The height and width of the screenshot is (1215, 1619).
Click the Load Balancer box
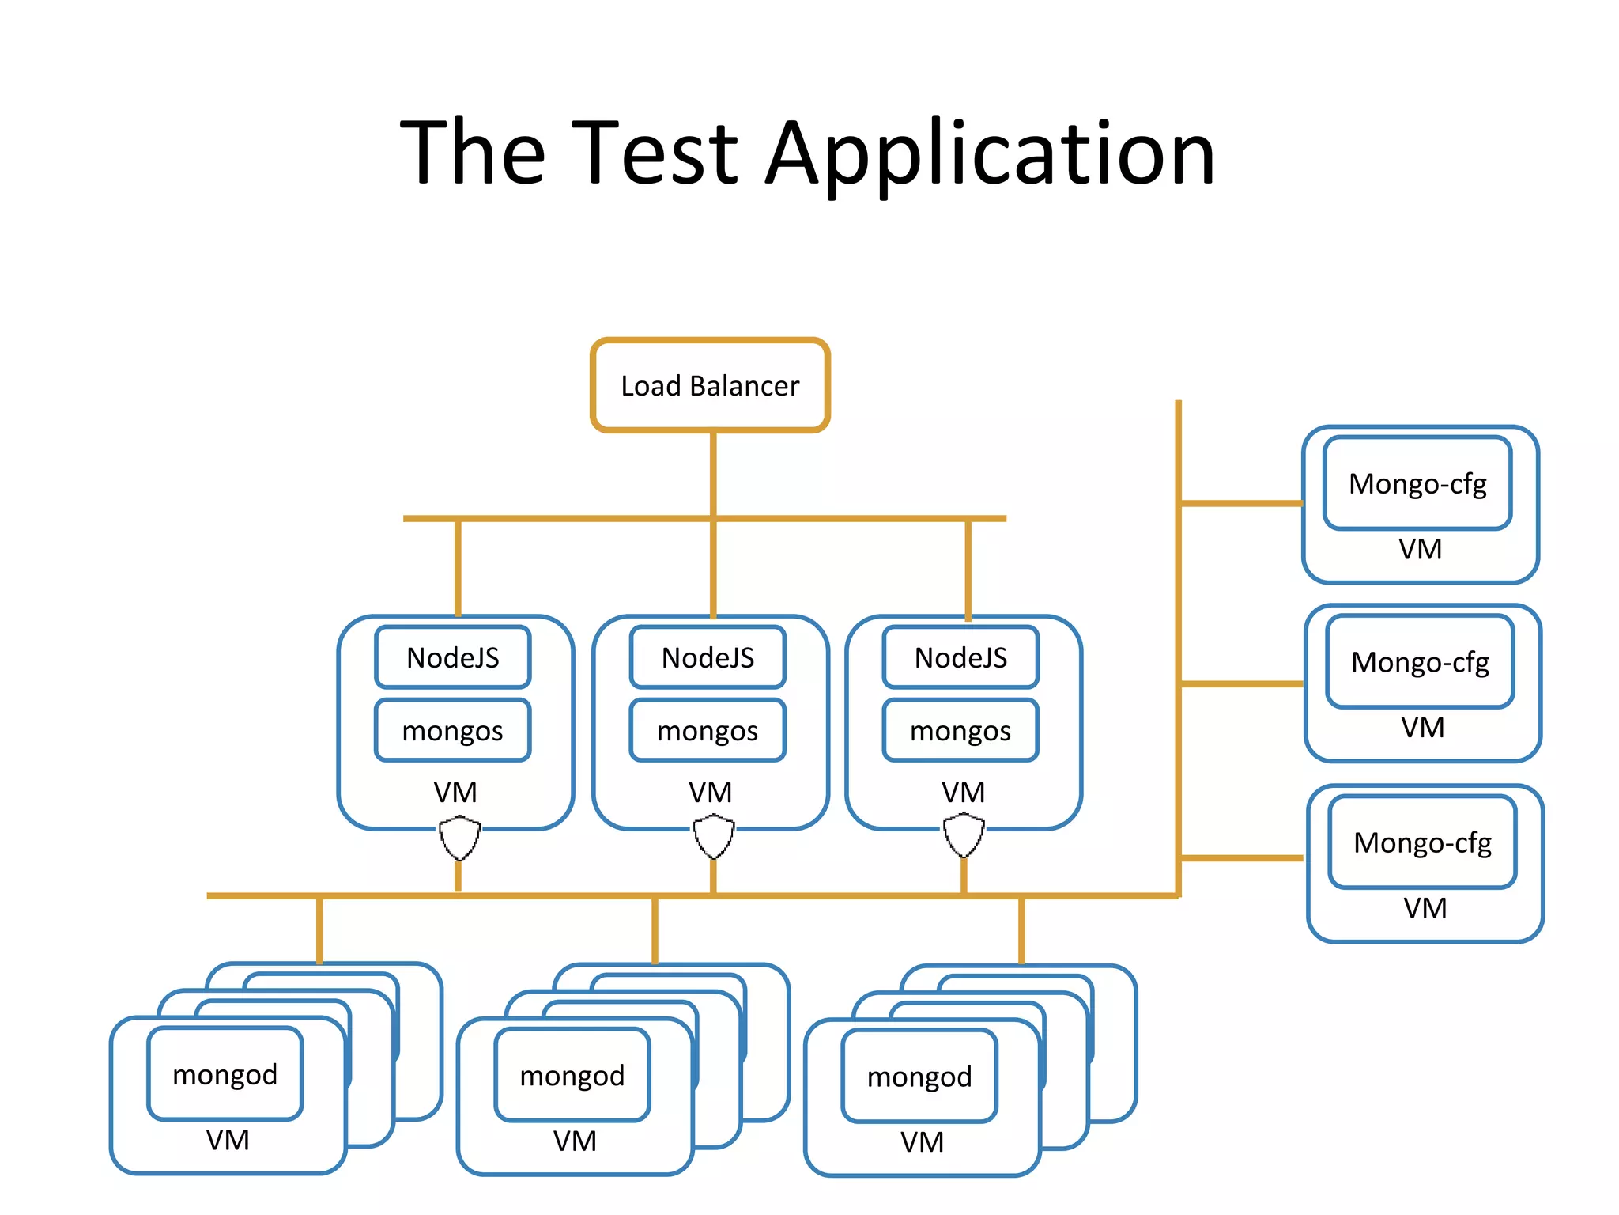[x=710, y=385]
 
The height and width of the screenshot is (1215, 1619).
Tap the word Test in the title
[x=654, y=152]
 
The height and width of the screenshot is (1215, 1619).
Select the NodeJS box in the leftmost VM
[x=453, y=657]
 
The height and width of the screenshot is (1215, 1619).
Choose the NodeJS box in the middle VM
[x=708, y=657]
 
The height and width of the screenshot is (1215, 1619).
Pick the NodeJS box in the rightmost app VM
[x=960, y=657]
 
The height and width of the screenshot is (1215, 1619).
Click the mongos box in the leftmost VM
[x=453, y=730]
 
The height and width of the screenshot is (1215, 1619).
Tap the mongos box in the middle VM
[x=708, y=730]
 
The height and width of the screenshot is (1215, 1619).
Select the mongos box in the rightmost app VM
[x=960, y=730]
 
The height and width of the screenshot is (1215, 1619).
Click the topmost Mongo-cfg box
[x=1417, y=483]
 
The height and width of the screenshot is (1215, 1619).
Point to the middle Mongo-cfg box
[x=1420, y=661]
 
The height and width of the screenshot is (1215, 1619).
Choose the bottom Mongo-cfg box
[x=1422, y=842]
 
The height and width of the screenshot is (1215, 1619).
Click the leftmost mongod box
[x=225, y=1074]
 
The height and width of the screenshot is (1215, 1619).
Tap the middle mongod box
[x=572, y=1075]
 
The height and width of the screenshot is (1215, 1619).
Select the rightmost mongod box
[x=919, y=1077]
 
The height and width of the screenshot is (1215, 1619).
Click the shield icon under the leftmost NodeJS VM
[x=459, y=838]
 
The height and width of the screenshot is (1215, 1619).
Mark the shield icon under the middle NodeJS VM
[x=714, y=837]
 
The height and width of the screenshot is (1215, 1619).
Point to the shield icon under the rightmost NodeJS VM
[x=964, y=836]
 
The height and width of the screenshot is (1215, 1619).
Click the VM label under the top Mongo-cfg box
[x=1420, y=549]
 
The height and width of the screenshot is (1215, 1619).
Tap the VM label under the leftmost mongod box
[x=228, y=1140]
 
